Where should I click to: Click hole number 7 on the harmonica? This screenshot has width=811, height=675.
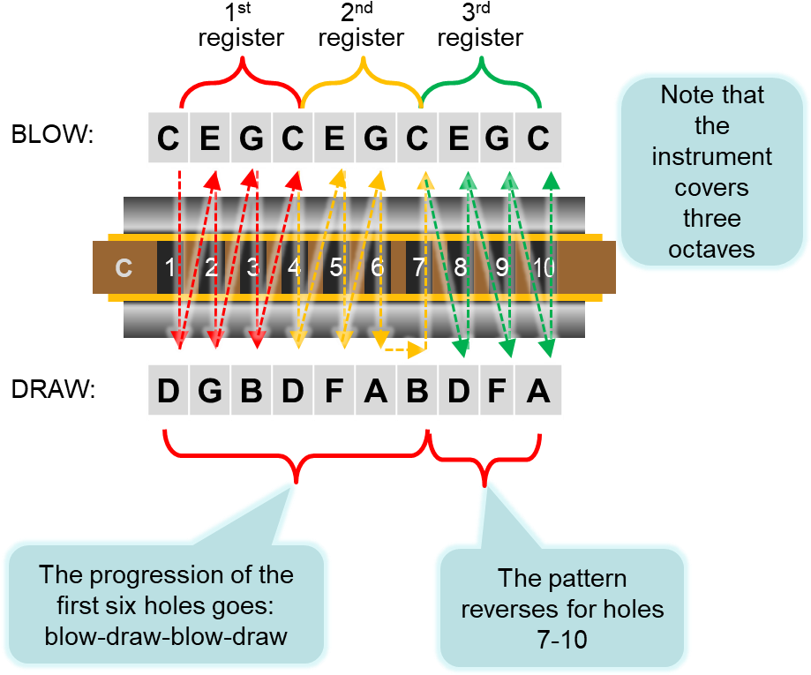(418, 267)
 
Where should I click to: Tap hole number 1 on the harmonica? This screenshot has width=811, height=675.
(169, 267)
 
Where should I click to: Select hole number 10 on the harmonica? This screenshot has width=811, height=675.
(544, 267)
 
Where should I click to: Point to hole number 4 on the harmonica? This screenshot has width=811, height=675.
(294, 267)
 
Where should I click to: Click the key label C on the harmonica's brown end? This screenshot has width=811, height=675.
(124, 267)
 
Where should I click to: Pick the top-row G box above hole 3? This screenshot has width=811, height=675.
(252, 139)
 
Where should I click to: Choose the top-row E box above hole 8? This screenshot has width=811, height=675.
(459, 139)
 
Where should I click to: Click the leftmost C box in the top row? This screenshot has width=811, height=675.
(169, 139)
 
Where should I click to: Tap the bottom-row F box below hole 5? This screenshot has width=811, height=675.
(334, 391)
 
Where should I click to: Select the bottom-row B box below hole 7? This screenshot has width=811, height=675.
(417, 391)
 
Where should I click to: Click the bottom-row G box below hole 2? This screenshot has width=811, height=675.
(210, 391)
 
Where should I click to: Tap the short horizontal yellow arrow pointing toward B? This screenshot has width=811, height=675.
(402, 350)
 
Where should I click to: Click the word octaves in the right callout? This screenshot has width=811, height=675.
(711, 249)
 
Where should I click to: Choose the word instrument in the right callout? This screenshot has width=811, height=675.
(711, 156)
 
